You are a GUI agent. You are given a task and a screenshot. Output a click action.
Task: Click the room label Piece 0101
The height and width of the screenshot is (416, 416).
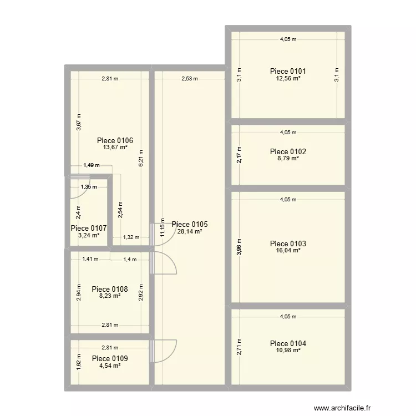click(288, 71)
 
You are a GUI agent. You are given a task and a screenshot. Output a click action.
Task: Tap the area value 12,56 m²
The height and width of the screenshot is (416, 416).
click(288, 79)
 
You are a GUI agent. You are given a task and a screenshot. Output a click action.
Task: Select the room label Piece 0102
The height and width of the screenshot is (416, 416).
click(288, 151)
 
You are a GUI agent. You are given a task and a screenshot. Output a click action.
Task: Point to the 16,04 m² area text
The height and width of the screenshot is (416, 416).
click(288, 251)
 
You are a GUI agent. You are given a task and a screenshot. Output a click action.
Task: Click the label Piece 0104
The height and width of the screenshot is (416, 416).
click(288, 343)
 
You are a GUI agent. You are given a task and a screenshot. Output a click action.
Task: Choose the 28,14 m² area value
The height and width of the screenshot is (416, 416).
click(190, 231)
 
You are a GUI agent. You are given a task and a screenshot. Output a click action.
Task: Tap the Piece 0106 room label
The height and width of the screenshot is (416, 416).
click(115, 140)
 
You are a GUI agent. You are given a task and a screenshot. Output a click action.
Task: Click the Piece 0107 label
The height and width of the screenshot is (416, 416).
click(89, 228)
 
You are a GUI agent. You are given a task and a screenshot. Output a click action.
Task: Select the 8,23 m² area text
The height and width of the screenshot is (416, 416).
click(110, 296)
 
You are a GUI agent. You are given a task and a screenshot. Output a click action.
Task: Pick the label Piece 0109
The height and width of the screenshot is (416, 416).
click(110, 358)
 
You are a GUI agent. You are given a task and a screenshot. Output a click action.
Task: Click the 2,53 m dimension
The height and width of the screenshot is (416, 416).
click(190, 79)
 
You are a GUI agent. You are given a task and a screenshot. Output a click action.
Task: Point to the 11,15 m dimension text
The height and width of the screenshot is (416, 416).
click(162, 227)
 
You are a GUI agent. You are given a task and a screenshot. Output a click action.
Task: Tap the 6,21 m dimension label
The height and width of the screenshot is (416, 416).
click(141, 160)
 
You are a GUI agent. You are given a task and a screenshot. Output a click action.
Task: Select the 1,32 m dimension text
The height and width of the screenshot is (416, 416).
click(131, 237)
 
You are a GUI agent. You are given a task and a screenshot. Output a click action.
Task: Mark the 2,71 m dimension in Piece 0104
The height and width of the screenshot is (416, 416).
click(239, 347)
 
